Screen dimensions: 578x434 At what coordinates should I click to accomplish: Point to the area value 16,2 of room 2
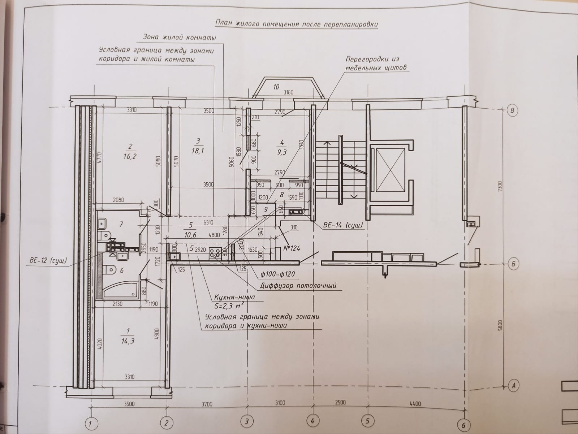click(x=130, y=157)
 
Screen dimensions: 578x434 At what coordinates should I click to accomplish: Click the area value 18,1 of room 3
click(x=198, y=151)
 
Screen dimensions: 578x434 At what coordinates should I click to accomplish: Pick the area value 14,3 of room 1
click(x=127, y=341)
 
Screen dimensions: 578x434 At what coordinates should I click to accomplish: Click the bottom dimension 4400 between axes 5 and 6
click(x=416, y=404)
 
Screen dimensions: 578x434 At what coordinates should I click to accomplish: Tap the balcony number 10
click(x=276, y=87)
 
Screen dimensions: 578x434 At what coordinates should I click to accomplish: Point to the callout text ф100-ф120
click(x=277, y=274)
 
